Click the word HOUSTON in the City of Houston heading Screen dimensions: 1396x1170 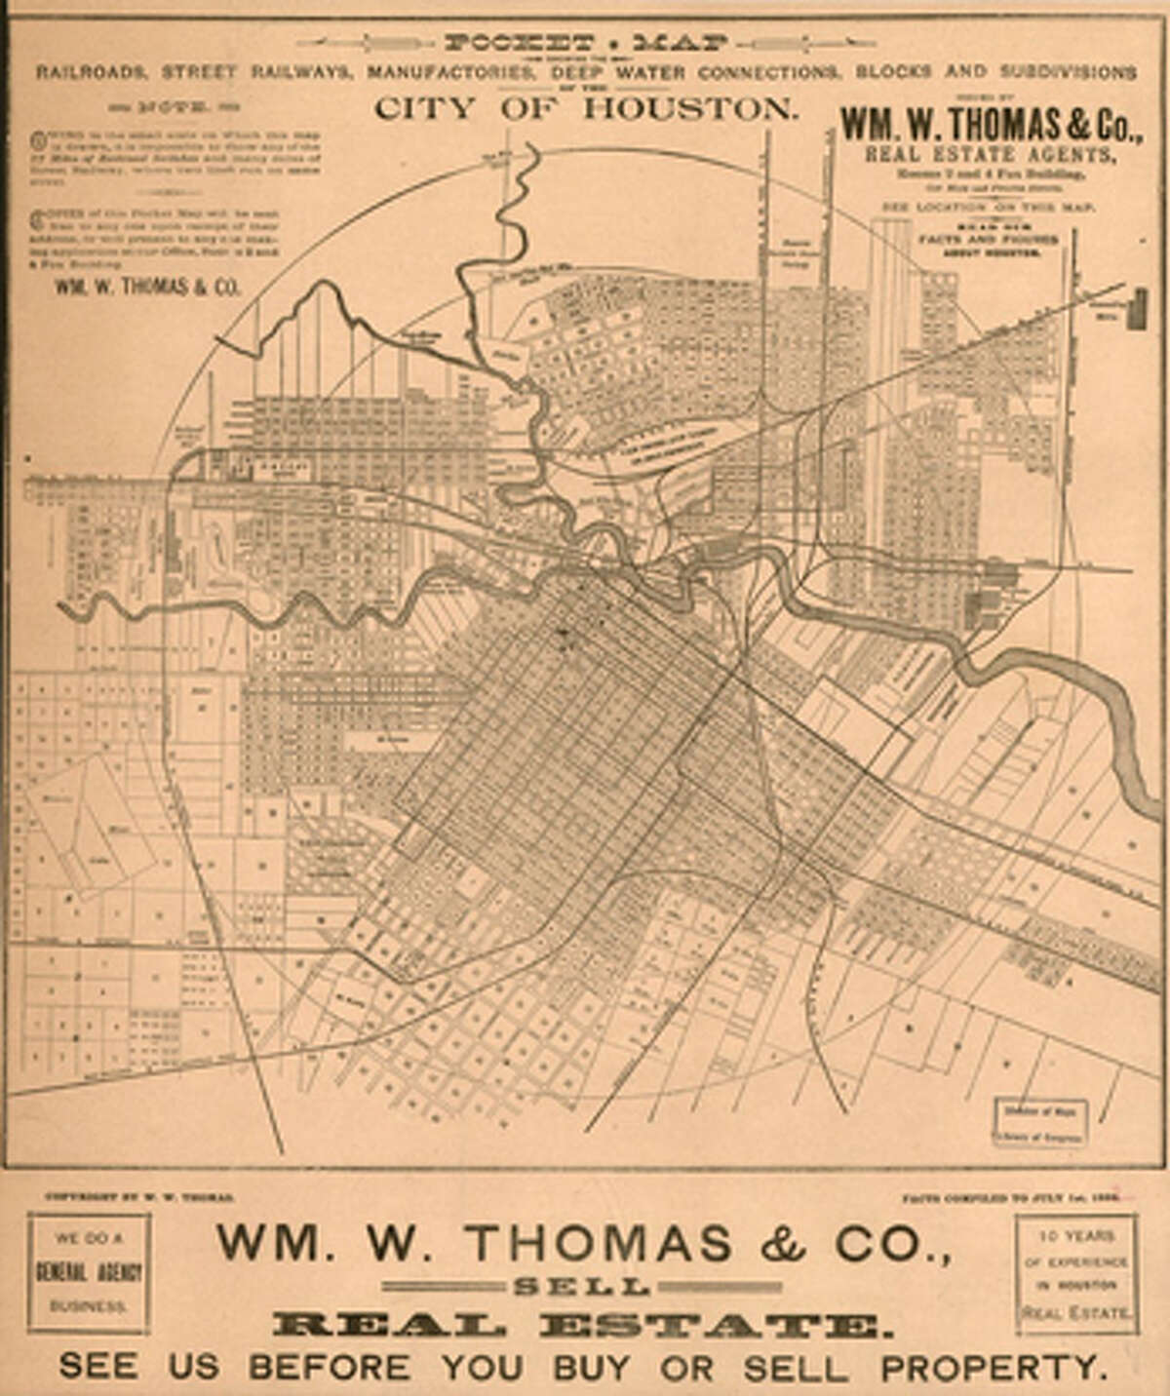(x=690, y=107)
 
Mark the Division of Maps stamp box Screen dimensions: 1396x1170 (x=1040, y=1121)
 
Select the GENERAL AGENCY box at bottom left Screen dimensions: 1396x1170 (x=89, y=1272)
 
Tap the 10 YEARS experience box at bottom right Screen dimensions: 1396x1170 (x=1076, y=1272)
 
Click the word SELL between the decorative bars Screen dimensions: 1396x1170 (x=582, y=1287)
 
